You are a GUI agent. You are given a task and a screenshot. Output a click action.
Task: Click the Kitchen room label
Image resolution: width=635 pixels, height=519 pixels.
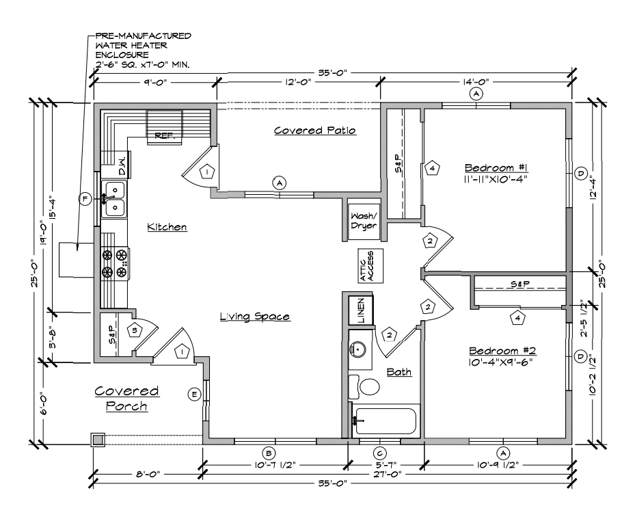[x=167, y=227]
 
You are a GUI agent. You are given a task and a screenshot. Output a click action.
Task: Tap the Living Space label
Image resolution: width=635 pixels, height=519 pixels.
[x=255, y=317]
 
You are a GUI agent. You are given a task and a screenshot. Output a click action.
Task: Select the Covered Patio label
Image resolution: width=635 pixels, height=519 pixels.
[x=315, y=131]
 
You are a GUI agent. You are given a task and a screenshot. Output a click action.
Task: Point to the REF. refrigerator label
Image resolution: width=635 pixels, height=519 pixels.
[x=164, y=135]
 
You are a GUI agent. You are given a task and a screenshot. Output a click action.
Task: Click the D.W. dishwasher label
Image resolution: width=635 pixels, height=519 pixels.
[x=122, y=167]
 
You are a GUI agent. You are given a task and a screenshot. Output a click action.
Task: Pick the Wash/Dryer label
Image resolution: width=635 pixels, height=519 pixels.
[x=364, y=222]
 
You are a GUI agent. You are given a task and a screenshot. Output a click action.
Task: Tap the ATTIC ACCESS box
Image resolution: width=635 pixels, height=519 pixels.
[x=370, y=266]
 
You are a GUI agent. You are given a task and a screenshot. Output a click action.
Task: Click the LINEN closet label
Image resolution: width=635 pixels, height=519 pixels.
[x=360, y=310]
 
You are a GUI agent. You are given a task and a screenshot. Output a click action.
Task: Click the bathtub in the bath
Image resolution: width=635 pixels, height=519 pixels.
[x=385, y=421]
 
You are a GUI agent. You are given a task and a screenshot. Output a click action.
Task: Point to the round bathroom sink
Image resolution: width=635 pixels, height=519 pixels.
[x=358, y=348]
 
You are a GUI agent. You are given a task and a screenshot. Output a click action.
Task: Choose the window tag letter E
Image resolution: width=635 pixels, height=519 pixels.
[x=195, y=395]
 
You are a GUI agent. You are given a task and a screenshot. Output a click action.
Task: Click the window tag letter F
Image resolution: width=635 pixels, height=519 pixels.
[x=85, y=199]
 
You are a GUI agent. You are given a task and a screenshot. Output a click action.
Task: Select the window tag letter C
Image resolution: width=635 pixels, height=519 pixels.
[x=379, y=453]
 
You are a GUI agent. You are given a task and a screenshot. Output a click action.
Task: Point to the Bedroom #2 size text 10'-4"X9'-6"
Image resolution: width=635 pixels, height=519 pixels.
[x=500, y=362]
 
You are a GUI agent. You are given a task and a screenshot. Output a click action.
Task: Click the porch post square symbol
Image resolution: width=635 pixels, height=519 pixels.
[x=98, y=440]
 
